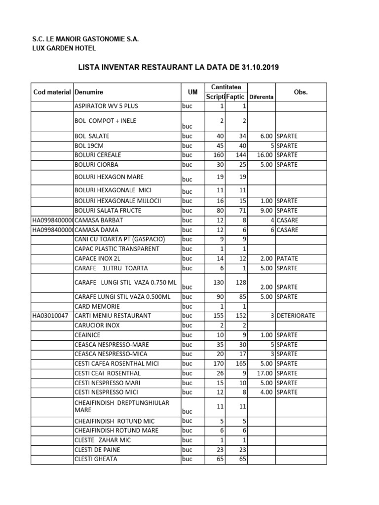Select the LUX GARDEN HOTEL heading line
64,48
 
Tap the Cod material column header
52,92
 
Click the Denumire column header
89,92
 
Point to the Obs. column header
301,92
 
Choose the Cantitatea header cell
226,87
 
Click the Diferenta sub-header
261,97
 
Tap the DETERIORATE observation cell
296,316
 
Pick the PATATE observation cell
287,258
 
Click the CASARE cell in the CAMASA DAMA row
287,230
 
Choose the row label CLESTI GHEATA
96,459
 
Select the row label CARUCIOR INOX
97,325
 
